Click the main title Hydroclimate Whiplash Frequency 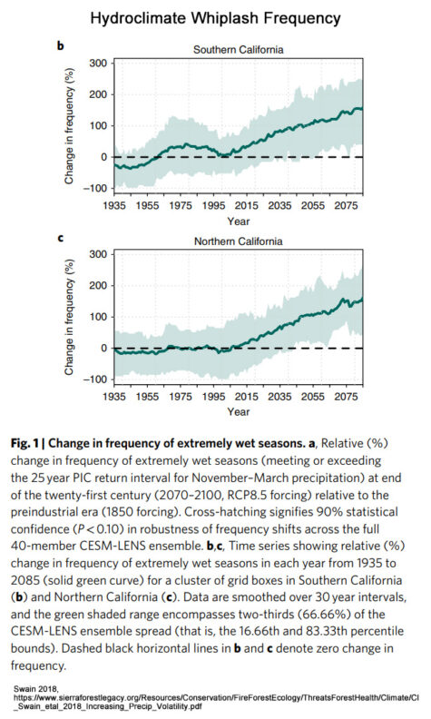tap(215, 18)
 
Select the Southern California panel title tap(238, 50)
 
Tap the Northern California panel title tap(238, 241)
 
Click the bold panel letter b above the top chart tap(61, 46)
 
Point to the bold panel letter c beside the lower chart tap(61, 239)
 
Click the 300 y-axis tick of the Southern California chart tap(99, 64)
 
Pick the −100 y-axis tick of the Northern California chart tap(95, 379)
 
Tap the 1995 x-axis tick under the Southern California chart tap(213, 205)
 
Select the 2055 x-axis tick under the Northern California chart tap(313, 396)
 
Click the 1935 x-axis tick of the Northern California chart tap(114, 396)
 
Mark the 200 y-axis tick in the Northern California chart tap(99, 286)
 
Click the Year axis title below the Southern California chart tap(239, 222)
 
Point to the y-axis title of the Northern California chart tap(69, 318)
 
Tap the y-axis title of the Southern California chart tap(69, 126)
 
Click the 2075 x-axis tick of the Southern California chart tap(346, 205)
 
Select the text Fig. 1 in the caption tap(24, 443)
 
